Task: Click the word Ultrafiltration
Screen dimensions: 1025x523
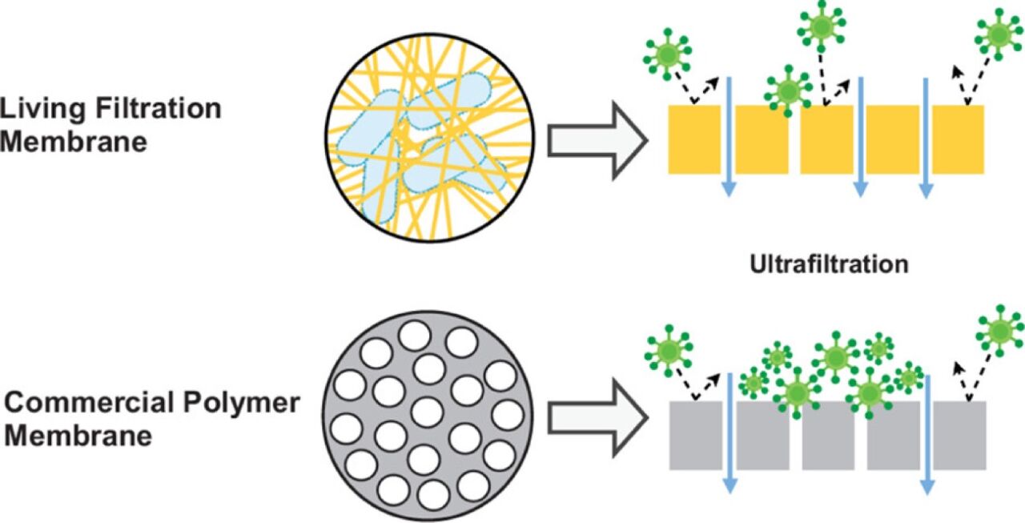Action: (829, 264)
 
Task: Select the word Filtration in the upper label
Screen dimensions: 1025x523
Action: (159, 108)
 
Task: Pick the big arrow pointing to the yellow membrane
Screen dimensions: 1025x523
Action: (597, 140)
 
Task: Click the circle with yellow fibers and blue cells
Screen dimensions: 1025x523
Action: (430, 137)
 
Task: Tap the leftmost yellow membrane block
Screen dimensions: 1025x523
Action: (694, 139)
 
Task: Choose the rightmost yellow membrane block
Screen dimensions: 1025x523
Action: (959, 139)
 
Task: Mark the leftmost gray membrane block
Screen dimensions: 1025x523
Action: (696, 436)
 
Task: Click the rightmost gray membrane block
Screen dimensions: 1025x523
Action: (959, 436)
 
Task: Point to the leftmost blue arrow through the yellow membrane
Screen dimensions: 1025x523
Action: (729, 137)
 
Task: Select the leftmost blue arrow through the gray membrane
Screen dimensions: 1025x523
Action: (730, 433)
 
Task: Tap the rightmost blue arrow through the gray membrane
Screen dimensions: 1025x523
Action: (927, 435)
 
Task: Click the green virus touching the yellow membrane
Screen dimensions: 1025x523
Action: (788, 91)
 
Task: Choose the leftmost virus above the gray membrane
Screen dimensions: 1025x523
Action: (669, 352)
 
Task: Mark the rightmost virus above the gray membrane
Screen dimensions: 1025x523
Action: (1000, 331)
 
